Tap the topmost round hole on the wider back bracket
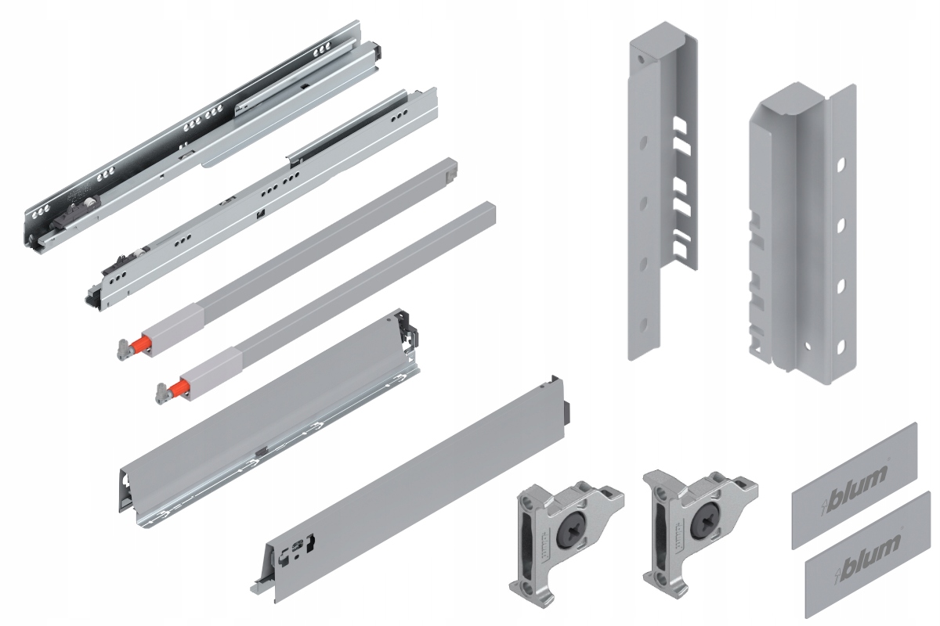pyautogui.click(x=841, y=166)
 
